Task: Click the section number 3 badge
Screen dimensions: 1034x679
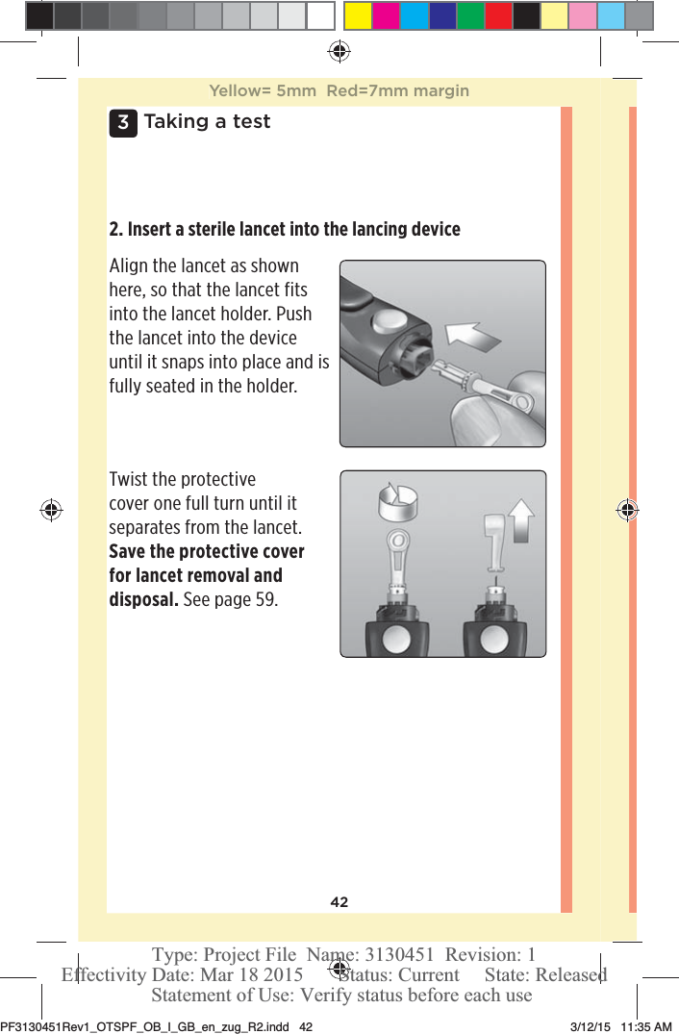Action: pos(122,123)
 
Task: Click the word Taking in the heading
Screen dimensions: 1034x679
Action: pos(175,122)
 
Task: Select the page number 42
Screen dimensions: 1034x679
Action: pos(339,902)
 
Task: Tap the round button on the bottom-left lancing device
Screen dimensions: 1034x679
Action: pos(397,640)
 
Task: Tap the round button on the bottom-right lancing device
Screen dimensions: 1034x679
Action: pos(494,640)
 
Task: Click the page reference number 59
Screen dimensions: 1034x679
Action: pos(265,600)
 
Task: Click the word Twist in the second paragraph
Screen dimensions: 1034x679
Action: pos(130,480)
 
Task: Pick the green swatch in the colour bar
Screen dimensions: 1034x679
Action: pos(469,16)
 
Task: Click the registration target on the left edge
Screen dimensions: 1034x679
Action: pos(51,510)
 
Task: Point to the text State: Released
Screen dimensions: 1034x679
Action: pos(545,974)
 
